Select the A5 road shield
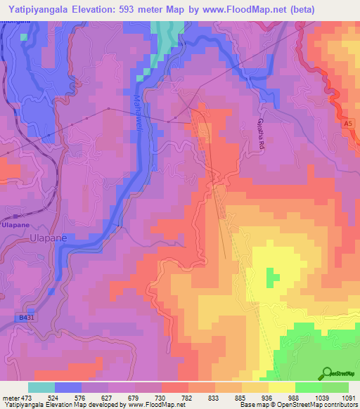(347, 124)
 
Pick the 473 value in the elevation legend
(20, 397)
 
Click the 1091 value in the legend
(349, 397)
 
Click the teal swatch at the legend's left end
(41, 387)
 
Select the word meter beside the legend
(8, 397)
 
